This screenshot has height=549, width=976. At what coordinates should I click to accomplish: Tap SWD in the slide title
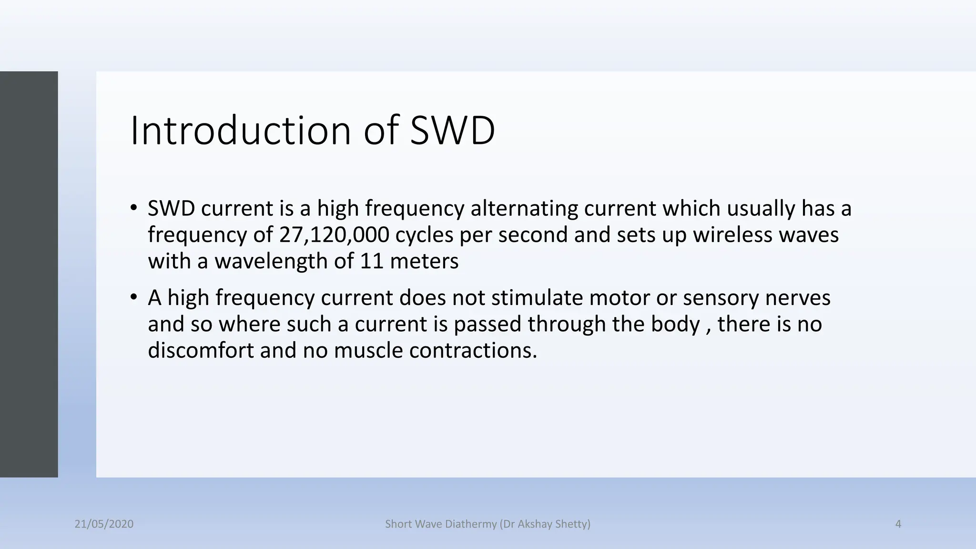[x=452, y=131]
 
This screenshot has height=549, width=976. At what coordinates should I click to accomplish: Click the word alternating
[x=524, y=208]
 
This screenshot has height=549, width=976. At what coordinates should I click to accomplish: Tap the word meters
[x=424, y=261]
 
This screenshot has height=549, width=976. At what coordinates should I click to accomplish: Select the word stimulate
[x=537, y=297]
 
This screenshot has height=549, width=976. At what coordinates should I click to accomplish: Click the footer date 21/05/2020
[x=104, y=524]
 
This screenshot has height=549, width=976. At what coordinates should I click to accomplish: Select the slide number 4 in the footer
[x=898, y=524]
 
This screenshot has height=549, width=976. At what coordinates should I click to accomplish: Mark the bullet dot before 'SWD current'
[x=134, y=208]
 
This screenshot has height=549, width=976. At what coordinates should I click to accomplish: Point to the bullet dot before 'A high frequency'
[x=134, y=297]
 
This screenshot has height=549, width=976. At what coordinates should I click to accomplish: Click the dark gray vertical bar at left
[x=29, y=274]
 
